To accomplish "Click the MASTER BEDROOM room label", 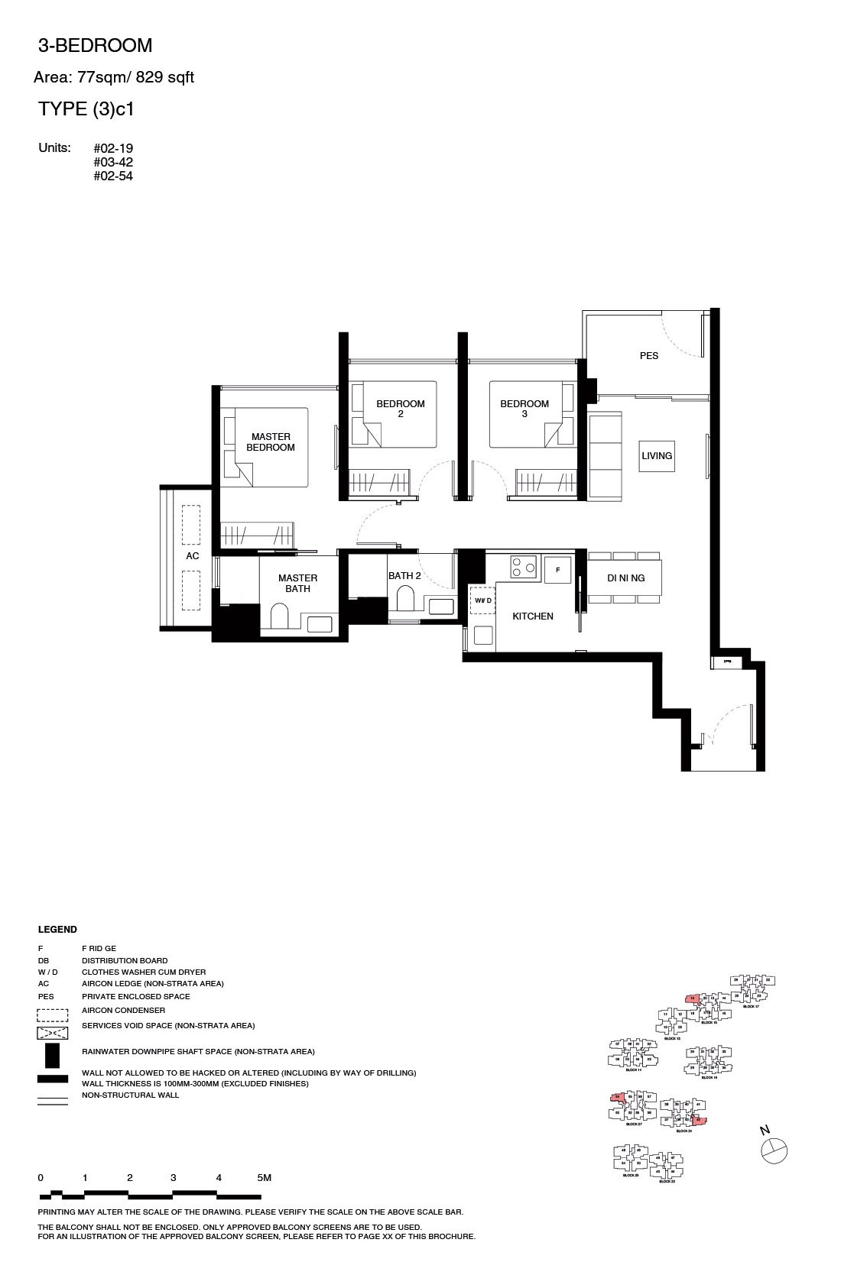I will coord(271,442).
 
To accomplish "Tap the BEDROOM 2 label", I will coord(400,409).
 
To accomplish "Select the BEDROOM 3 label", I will coord(524,409).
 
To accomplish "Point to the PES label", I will coord(648,355).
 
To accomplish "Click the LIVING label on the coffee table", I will coord(657,456).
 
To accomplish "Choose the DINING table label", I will coord(625,578).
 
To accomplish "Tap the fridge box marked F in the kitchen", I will coord(557,570).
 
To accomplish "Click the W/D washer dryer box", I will coord(482,601).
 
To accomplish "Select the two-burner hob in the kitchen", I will coord(523,567).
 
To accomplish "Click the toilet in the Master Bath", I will coord(280,616).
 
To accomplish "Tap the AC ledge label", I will coord(192,556).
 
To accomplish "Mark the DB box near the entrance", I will coord(726,662).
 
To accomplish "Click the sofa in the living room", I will coord(604,457).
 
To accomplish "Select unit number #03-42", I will coord(113,162).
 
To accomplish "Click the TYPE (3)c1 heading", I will coord(86,109).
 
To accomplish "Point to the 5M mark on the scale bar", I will coord(264,1178).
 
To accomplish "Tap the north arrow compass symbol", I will coord(774,1150).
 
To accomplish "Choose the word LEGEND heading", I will coord(57,930).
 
